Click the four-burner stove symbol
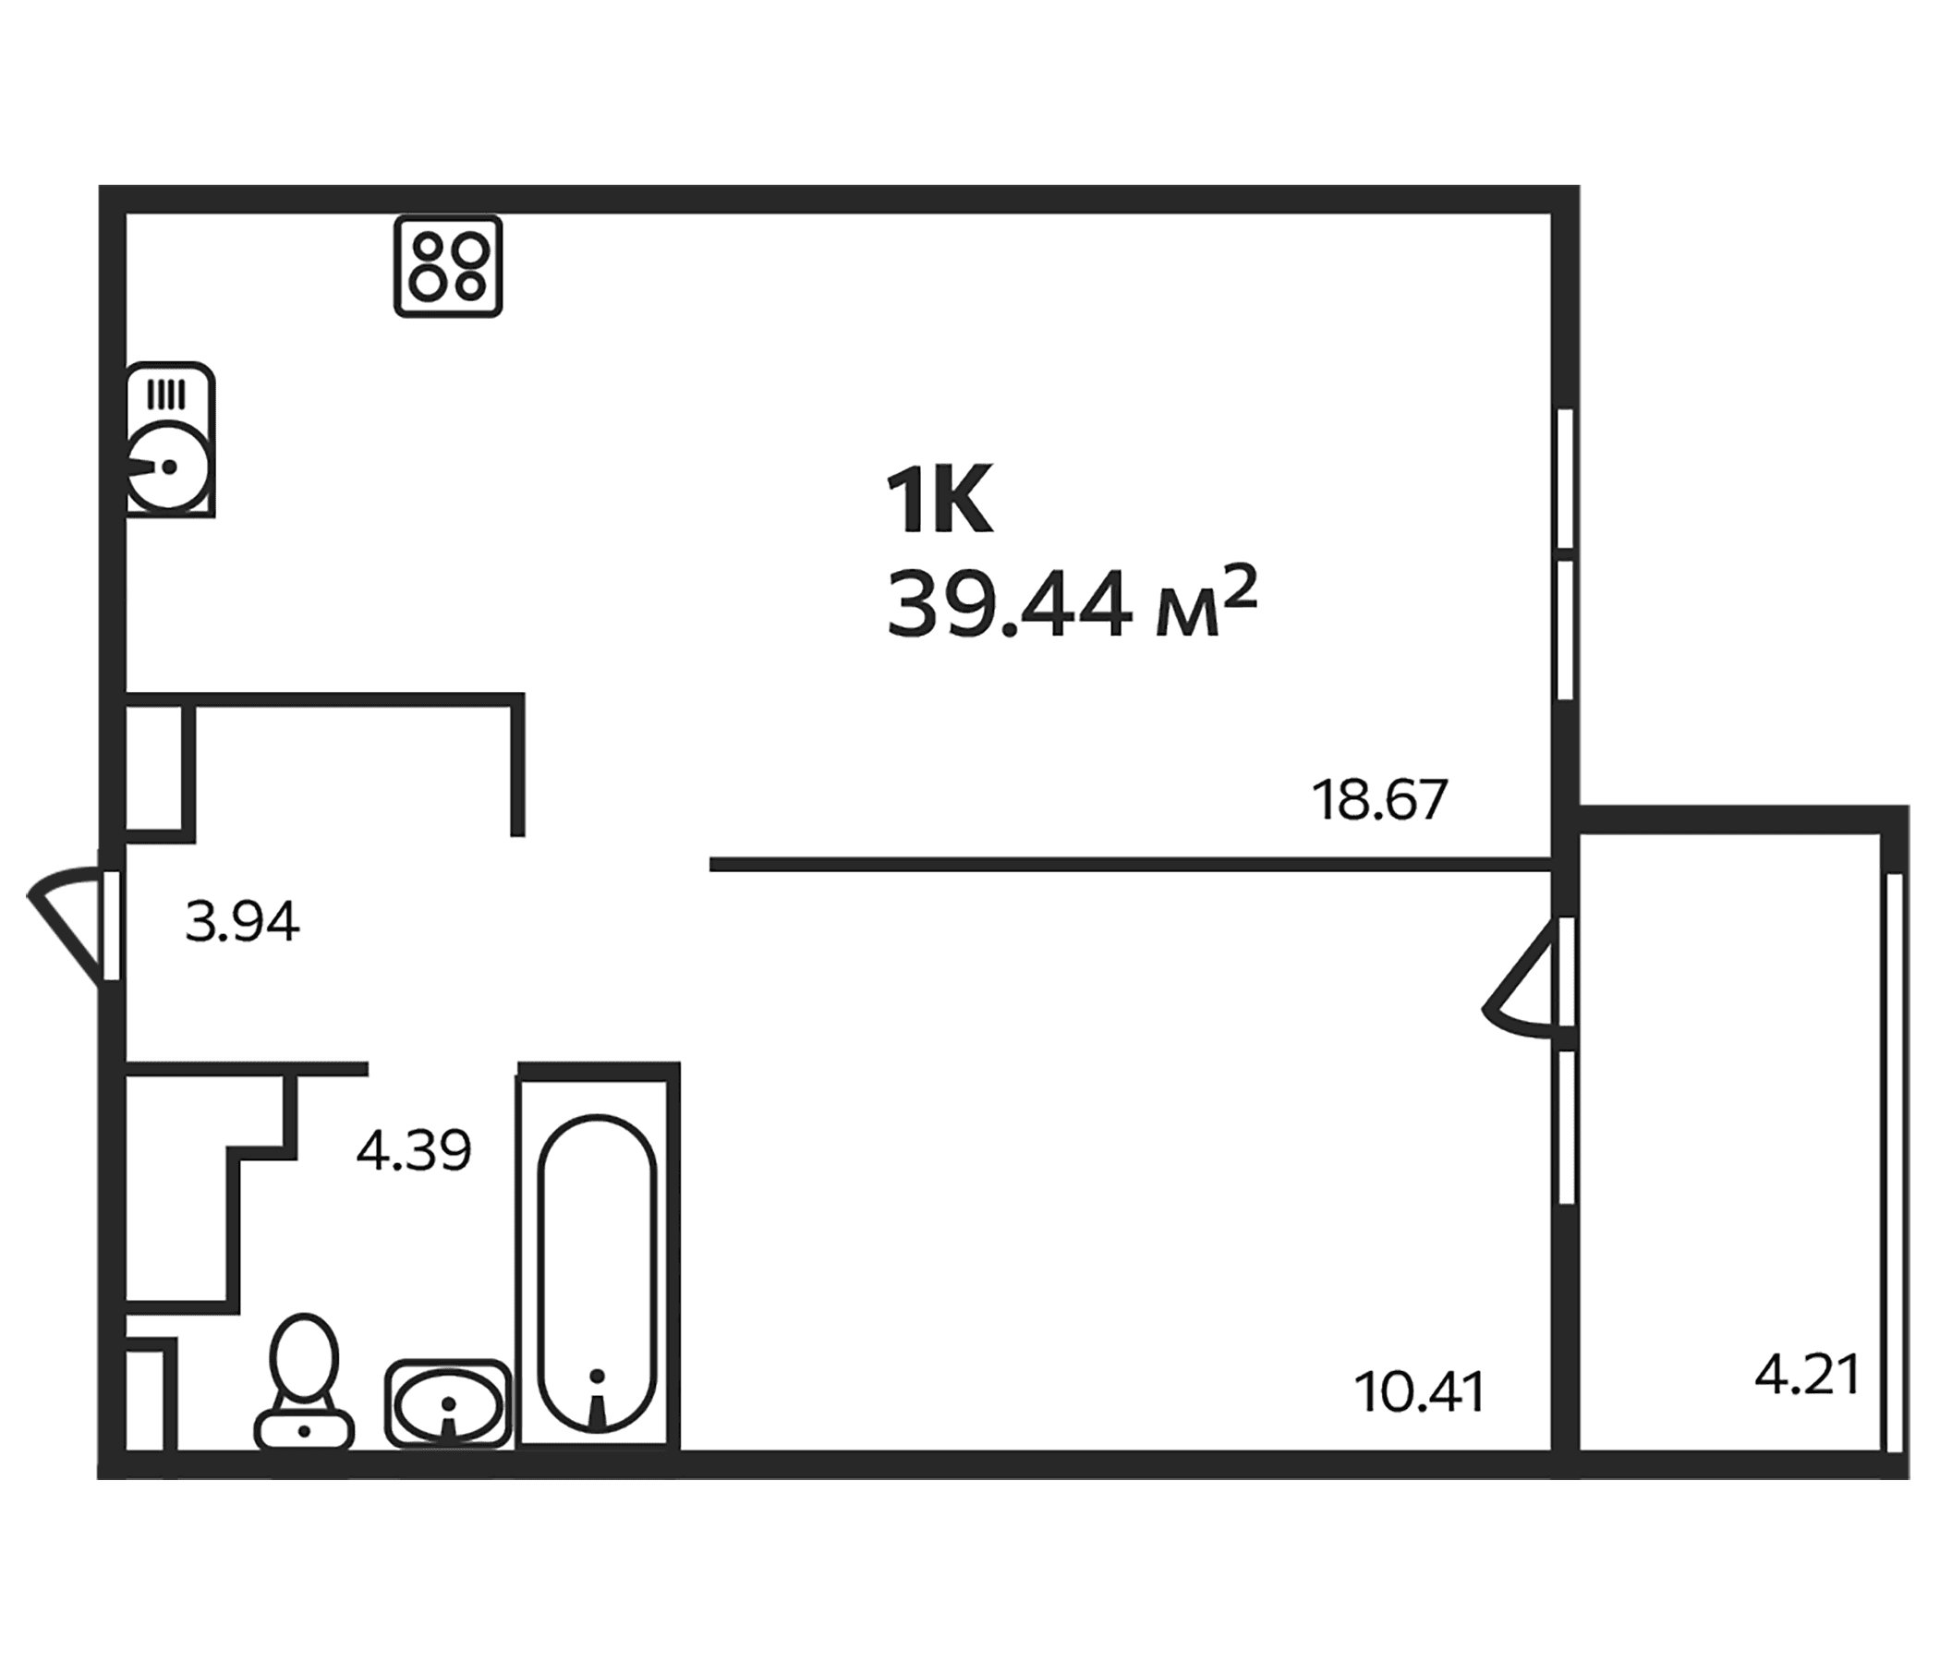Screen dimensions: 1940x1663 click(448, 266)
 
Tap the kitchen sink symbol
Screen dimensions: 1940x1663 click(170, 439)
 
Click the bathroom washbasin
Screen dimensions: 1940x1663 click(448, 1404)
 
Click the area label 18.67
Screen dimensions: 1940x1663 click(1379, 800)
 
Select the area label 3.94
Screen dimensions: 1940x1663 click(242, 921)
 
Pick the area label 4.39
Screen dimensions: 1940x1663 click(414, 1151)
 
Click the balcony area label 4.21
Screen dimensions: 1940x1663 click(1807, 1376)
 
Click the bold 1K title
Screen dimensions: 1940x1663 click(940, 503)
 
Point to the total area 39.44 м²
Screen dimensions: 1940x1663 click(1071, 604)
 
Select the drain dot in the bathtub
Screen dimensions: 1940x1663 click(598, 1375)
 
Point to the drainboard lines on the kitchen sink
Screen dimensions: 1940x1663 click(166, 394)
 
